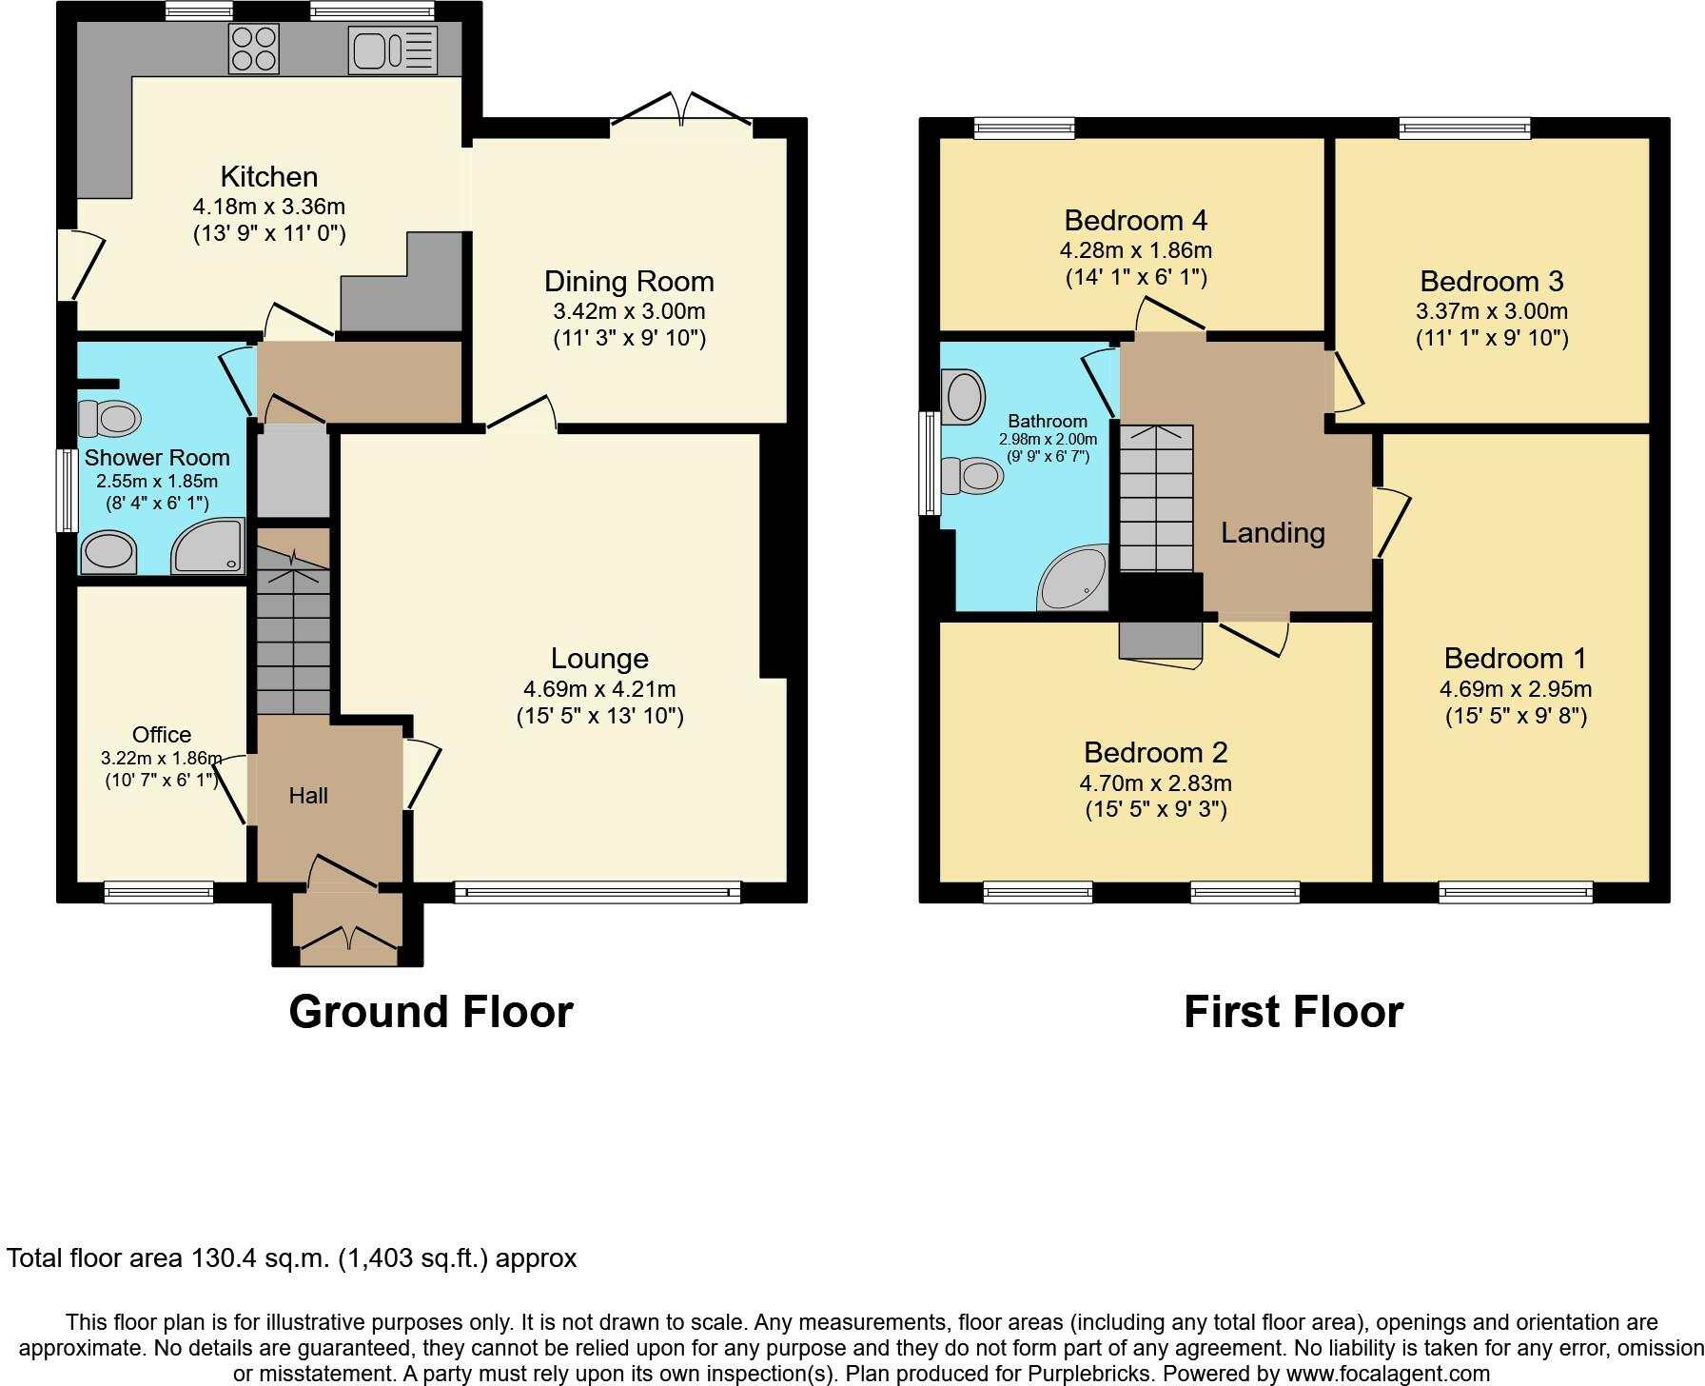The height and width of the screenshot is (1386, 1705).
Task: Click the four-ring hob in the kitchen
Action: click(254, 49)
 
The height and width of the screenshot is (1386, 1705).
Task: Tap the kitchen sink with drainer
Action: click(393, 49)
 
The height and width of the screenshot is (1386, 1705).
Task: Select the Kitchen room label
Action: click(269, 176)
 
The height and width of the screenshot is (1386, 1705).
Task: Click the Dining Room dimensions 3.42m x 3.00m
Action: click(629, 311)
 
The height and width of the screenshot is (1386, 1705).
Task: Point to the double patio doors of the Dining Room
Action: click(681, 108)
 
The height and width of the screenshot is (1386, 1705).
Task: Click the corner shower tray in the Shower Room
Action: click(207, 546)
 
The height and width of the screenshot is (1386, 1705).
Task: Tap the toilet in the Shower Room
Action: click(109, 418)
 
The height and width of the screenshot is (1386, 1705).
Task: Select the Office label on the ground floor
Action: click(162, 735)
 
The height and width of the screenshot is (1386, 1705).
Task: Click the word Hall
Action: click(308, 796)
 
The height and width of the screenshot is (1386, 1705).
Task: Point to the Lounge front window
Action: click(598, 892)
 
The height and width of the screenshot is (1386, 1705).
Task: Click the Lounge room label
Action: click(599, 659)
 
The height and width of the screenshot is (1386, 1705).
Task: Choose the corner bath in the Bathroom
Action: click(1073, 579)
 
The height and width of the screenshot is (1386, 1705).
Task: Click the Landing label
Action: click(1273, 533)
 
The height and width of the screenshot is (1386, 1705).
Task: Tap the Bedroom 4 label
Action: click(1136, 221)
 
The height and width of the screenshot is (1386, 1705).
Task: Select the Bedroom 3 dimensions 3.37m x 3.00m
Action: click(1492, 311)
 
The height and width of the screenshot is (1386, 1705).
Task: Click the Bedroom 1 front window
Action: click(1516, 892)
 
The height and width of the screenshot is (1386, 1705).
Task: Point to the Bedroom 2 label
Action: click(1156, 753)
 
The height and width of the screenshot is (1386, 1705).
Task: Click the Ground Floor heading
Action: click(431, 1012)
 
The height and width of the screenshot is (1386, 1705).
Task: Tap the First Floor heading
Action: click(1294, 1012)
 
